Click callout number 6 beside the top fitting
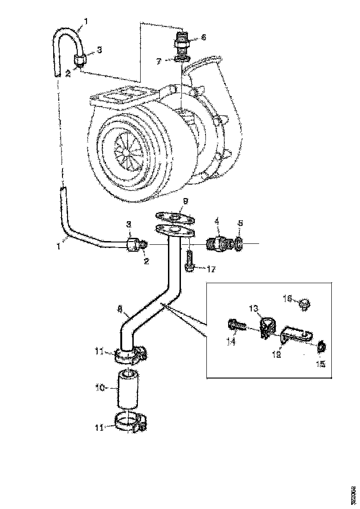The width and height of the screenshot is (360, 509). click(x=203, y=37)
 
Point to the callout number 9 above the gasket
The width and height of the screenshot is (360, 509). click(x=185, y=201)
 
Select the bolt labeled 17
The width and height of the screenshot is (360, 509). click(x=189, y=262)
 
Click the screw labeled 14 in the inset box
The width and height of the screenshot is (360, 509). click(x=236, y=327)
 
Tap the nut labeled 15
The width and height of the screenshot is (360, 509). click(x=320, y=346)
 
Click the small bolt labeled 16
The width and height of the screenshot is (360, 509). click(x=304, y=304)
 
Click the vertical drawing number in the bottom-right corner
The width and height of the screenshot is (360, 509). click(x=354, y=490)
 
